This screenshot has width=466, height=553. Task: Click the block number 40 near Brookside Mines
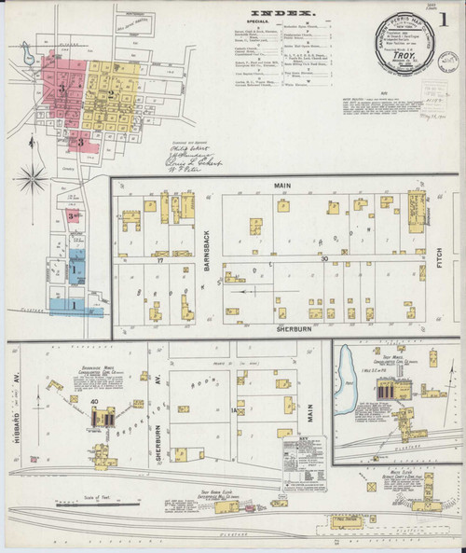click(x=95, y=402)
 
